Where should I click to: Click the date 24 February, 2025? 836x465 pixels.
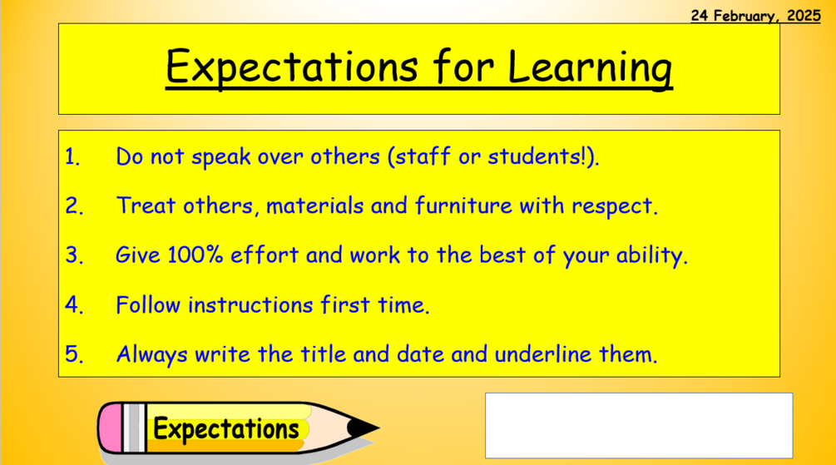(x=755, y=16)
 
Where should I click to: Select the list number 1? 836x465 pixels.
(x=73, y=157)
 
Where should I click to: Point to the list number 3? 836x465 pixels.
(x=75, y=256)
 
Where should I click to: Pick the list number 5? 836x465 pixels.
(x=75, y=355)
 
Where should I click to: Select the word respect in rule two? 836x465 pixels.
(x=619, y=206)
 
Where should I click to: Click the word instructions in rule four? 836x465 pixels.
(x=250, y=305)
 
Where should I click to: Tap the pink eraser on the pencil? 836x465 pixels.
(x=111, y=428)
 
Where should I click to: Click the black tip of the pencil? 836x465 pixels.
(x=364, y=428)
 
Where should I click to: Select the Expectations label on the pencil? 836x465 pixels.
(x=225, y=429)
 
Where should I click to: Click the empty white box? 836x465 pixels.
(x=638, y=425)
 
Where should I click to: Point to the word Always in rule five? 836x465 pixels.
(x=152, y=355)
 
